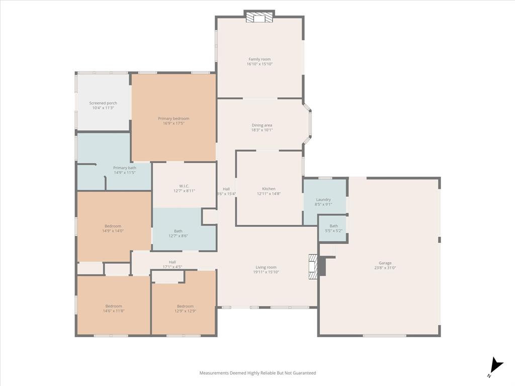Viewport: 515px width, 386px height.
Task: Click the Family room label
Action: (260, 59)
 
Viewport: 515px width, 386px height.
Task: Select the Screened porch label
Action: (103, 103)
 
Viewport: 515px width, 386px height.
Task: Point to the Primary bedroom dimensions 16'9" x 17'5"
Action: (174, 123)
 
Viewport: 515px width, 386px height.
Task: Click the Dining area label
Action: (262, 125)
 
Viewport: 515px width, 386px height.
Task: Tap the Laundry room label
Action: (323, 200)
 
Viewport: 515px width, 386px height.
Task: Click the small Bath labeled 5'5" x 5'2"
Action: (333, 226)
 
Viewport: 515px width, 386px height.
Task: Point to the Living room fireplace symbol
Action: (313, 266)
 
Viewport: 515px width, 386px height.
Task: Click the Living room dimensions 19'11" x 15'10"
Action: (266, 272)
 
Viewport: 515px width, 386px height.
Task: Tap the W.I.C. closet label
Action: (184, 186)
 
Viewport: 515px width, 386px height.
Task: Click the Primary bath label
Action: (124, 168)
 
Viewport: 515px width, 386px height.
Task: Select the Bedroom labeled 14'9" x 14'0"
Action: (113, 226)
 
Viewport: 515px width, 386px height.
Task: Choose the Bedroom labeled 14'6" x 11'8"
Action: (114, 306)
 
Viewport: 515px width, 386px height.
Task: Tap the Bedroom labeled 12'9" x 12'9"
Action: (185, 306)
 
